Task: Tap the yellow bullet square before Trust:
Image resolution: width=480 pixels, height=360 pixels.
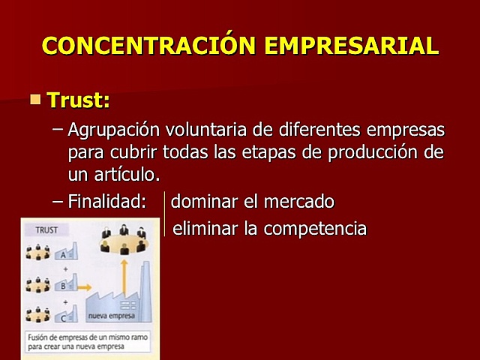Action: coord(35,98)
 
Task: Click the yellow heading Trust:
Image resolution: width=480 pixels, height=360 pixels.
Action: coord(78,100)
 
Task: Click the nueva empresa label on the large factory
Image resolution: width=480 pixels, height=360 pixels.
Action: coord(112,316)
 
